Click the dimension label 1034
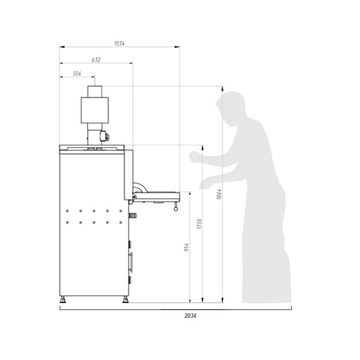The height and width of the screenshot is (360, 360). tap(119, 43)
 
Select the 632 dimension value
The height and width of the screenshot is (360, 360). tap(96, 59)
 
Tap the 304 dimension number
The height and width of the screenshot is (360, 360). tap(77, 73)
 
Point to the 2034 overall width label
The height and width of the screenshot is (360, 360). tap(190, 316)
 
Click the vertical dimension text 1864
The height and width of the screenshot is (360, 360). tap(219, 194)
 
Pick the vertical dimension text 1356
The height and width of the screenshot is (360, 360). tap(199, 224)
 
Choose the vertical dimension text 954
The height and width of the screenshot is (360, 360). tap(187, 247)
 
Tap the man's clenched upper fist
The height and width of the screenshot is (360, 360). tap(194, 157)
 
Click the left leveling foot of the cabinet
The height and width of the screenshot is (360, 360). tap(62, 299)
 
